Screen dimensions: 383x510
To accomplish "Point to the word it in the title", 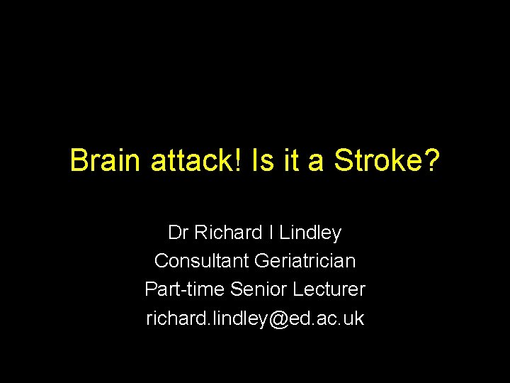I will click(x=292, y=161).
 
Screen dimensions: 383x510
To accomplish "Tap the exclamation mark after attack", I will click(x=239, y=161).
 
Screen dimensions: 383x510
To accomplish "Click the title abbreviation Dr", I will click(x=178, y=233).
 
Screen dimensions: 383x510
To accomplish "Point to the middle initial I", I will click(x=273, y=233).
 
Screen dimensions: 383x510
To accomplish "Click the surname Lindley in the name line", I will click(x=311, y=233).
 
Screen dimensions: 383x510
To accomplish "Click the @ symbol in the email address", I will click(x=278, y=318).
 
